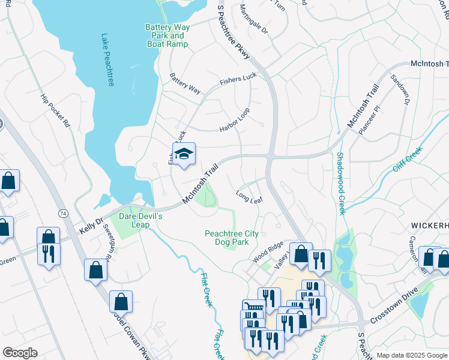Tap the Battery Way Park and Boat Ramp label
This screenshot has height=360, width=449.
(167, 35)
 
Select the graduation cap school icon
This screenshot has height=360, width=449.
(184, 154)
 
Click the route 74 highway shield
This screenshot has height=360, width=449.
(62, 213)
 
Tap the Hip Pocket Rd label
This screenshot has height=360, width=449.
(55, 112)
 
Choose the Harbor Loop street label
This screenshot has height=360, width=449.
(234, 119)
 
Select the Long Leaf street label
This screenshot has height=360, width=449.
(249, 196)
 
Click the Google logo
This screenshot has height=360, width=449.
(20, 353)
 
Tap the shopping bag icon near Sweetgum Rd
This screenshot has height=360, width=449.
(95, 269)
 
